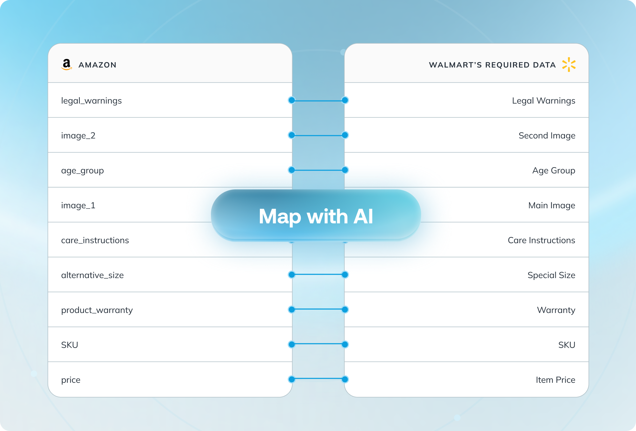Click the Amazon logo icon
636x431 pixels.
click(x=66, y=64)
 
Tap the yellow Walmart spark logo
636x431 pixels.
click(x=569, y=64)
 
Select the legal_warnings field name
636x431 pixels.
click(x=91, y=100)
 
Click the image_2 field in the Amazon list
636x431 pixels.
click(x=78, y=136)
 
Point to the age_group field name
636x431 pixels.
click(x=82, y=171)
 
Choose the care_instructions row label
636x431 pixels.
click(x=95, y=240)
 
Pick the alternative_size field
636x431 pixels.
click(x=92, y=275)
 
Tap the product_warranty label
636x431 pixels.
click(x=97, y=310)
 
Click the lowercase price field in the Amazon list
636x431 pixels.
click(x=71, y=380)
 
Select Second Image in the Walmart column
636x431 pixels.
click(x=547, y=136)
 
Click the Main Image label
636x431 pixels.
click(x=551, y=205)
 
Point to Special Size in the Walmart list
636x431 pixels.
click(x=551, y=275)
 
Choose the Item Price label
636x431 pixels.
click(x=555, y=380)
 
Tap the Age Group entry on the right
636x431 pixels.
click(x=553, y=171)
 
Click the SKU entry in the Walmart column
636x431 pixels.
click(x=567, y=345)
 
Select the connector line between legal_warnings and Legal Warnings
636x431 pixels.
click(x=318, y=100)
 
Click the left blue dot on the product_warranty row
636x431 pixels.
click(x=292, y=310)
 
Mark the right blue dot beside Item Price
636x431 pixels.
click(x=345, y=379)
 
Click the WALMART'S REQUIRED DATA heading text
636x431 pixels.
click(x=492, y=65)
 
